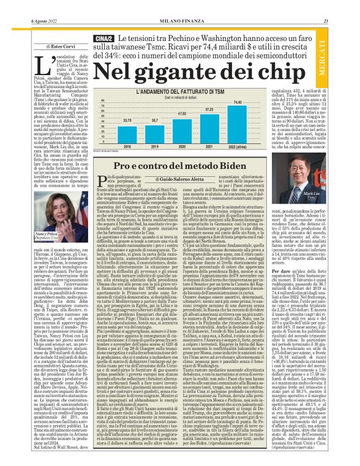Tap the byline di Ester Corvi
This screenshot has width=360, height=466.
coord(43,46)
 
